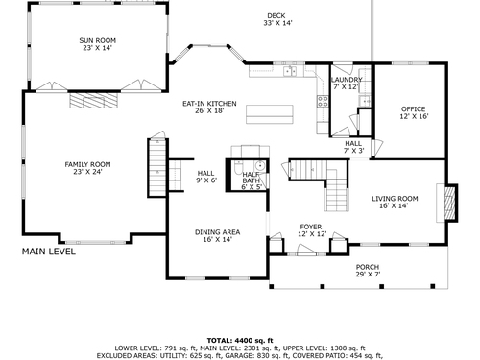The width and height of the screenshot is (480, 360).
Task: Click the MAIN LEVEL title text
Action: pyautogui.click(x=49, y=252)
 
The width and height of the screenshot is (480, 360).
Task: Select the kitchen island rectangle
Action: pyautogui.click(x=270, y=114)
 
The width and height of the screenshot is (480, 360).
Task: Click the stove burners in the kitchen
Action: pyautogui.click(x=323, y=102)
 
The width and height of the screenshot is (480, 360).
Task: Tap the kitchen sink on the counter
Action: pyautogui.click(x=290, y=71)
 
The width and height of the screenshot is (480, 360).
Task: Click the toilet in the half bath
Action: pyautogui.click(x=239, y=167)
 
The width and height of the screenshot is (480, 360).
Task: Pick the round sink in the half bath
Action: pyautogui.click(x=260, y=166)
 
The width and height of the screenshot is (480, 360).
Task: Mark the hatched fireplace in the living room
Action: pyautogui.click(x=450, y=203)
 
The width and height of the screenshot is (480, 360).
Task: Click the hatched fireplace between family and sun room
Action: pyautogui.click(x=93, y=100)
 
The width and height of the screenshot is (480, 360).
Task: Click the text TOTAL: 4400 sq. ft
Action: pyautogui.click(x=240, y=341)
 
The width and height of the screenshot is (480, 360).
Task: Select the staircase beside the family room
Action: pyautogui.click(x=157, y=167)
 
